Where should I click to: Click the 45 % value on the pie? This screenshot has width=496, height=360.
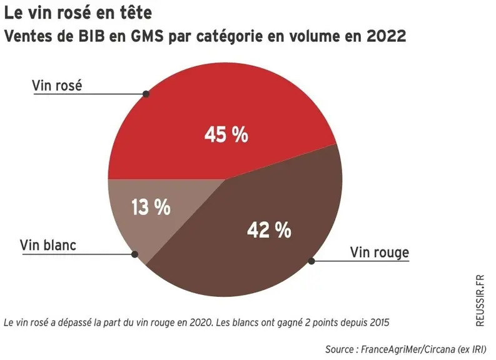[x=226, y=134]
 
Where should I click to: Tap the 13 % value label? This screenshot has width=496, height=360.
[x=151, y=207]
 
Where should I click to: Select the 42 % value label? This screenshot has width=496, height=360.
[x=269, y=230]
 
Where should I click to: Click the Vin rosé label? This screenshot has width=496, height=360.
[x=57, y=86]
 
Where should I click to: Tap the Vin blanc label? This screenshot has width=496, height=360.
[x=48, y=245]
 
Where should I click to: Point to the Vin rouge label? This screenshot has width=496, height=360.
[x=379, y=252]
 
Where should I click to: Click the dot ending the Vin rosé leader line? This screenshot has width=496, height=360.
[x=146, y=94]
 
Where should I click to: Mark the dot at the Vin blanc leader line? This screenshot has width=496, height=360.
[x=134, y=254]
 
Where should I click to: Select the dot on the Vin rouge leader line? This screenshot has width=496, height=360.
[x=311, y=261]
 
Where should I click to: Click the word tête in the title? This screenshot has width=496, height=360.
[x=134, y=13]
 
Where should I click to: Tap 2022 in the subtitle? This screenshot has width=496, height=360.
[x=387, y=36]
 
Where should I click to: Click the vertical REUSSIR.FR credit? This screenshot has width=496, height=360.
[x=480, y=301]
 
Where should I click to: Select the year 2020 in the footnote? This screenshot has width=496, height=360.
[x=200, y=322]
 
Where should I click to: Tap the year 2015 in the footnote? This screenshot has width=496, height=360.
[x=379, y=322]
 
